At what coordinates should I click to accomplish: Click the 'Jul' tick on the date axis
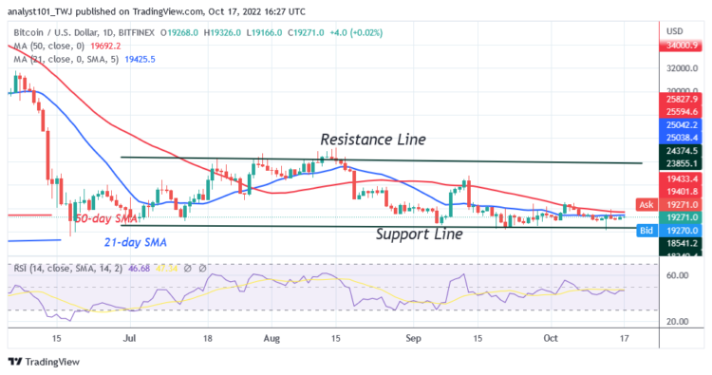click(x=129, y=336)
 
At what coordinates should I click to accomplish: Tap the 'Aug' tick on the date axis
click(x=272, y=336)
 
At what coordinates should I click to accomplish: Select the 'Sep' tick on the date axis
click(x=412, y=336)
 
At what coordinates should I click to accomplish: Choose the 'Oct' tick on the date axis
click(x=552, y=336)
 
